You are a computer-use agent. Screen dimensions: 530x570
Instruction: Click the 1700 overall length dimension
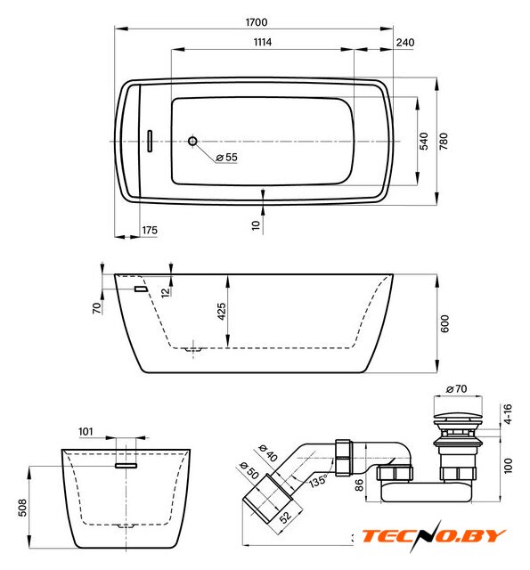point(257,22)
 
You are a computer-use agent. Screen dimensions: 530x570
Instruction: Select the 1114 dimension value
point(263,42)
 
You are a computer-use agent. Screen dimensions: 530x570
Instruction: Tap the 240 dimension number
point(405,43)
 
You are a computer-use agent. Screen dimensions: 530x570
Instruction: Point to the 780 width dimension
point(444,141)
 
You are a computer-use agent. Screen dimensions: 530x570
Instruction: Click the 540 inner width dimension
point(424,141)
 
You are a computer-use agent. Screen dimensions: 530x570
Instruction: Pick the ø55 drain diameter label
point(226,158)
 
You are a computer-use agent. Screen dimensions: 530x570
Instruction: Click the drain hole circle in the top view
point(192,141)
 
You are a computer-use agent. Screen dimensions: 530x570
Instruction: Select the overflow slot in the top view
point(150,141)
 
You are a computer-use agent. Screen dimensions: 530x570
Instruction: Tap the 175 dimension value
point(150,230)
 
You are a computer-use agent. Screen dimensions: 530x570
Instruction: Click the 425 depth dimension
point(222,312)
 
